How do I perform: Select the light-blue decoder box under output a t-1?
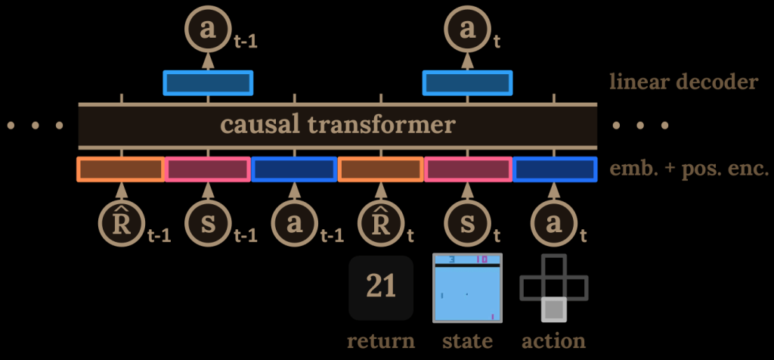(x=208, y=82)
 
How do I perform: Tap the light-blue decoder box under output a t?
(x=466, y=82)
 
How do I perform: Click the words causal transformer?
(x=337, y=124)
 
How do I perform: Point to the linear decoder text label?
(x=683, y=82)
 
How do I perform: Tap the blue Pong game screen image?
(x=467, y=288)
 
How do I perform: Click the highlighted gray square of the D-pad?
(x=554, y=309)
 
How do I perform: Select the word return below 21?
(x=381, y=340)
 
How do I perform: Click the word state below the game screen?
(x=467, y=340)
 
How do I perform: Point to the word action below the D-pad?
(x=554, y=340)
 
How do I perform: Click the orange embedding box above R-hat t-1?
(x=121, y=169)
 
